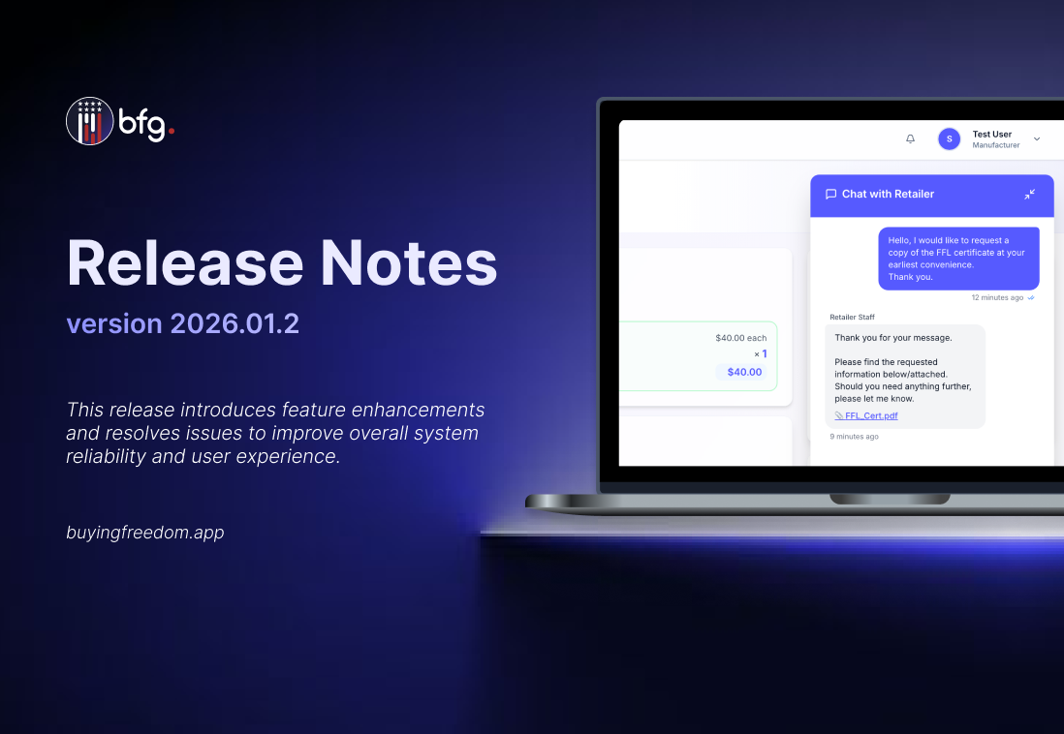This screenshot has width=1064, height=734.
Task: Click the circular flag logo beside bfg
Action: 89,121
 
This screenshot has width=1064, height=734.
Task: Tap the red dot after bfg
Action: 172,131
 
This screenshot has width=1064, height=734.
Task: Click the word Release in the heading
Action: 185,263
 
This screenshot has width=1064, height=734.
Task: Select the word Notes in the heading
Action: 409,263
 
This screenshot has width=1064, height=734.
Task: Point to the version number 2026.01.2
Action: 235,323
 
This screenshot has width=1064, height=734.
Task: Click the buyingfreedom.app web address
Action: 145,533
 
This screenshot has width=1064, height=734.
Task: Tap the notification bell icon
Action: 911,138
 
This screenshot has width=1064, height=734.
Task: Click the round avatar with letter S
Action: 950,138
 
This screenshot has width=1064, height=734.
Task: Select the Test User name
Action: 992,135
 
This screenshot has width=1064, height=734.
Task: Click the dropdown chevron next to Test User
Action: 1037,139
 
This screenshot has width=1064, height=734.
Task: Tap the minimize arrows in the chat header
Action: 1029,194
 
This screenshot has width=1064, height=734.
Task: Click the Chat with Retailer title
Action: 888,194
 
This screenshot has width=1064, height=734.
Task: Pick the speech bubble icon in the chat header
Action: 830,194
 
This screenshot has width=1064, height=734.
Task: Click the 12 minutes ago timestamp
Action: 997,298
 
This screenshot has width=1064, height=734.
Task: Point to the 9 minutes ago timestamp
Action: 855,437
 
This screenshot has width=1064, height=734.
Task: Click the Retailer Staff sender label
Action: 853,317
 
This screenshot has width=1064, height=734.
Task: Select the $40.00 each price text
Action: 741,338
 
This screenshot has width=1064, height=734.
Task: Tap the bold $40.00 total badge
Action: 744,372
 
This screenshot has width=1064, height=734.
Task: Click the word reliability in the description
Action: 106,456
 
